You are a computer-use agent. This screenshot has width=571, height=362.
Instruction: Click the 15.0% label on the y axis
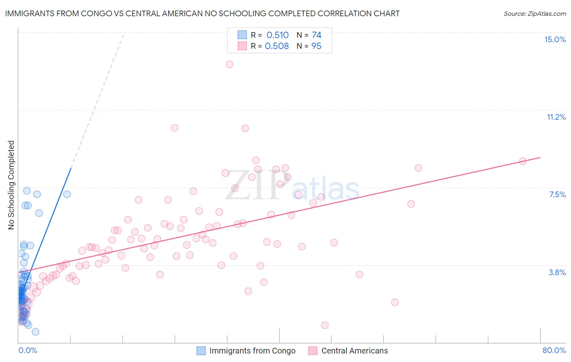point(555,39)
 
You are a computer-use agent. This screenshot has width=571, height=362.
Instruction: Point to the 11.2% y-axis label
point(556,117)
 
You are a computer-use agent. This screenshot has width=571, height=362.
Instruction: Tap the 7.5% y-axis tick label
point(557,194)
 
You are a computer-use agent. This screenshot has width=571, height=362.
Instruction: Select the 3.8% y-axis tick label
point(557,272)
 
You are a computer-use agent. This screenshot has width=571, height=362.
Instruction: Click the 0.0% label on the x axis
point(28,350)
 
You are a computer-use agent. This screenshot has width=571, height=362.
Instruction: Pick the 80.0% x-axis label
point(554,350)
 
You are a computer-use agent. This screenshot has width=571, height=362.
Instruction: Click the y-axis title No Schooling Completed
point(11,185)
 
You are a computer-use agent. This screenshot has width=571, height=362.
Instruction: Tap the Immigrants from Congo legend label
point(252,351)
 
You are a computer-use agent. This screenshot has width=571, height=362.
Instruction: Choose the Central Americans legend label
point(355,351)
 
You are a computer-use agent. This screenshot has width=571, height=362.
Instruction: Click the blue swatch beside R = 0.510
point(242,35)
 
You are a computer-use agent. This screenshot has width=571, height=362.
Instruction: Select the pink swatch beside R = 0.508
point(242,46)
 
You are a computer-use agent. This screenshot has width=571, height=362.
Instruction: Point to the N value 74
point(316,35)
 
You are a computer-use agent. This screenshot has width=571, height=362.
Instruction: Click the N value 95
point(316,46)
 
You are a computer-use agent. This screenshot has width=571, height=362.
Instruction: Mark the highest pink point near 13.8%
point(229,64)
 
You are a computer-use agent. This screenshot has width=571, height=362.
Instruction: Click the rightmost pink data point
point(523,161)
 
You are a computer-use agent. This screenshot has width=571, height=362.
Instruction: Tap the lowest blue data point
point(35,332)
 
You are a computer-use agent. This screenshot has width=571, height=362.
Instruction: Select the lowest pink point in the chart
point(324,325)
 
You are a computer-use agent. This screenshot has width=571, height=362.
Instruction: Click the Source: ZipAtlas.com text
point(534,13)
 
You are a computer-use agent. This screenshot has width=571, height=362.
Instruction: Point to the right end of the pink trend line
point(540,157)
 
